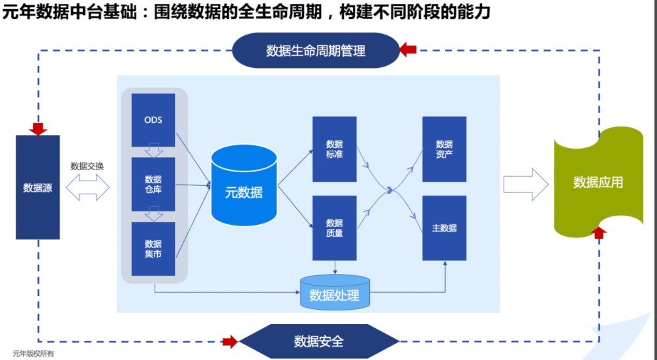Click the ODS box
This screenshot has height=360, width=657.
153,120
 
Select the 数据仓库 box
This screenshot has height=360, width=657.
153,185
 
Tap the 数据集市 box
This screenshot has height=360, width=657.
153,248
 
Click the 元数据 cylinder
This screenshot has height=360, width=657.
244,185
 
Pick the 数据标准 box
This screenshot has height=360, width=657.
334,149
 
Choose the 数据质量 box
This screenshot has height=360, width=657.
334,228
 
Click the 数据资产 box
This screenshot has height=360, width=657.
444,149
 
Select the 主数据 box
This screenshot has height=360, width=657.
444,228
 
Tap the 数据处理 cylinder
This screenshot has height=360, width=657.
335,292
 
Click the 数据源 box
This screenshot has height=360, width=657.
38,187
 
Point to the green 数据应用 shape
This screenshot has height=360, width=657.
598,183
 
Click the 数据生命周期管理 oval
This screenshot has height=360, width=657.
316,51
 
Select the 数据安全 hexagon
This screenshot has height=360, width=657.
319,341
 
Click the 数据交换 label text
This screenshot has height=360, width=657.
87,166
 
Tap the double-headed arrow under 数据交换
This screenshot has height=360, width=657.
87,188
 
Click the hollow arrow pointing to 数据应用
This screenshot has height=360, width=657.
526,185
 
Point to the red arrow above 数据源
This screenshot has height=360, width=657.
38,129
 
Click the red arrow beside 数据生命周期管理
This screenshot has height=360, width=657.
408,50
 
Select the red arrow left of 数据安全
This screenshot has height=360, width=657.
230,342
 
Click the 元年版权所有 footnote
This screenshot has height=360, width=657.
33,353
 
